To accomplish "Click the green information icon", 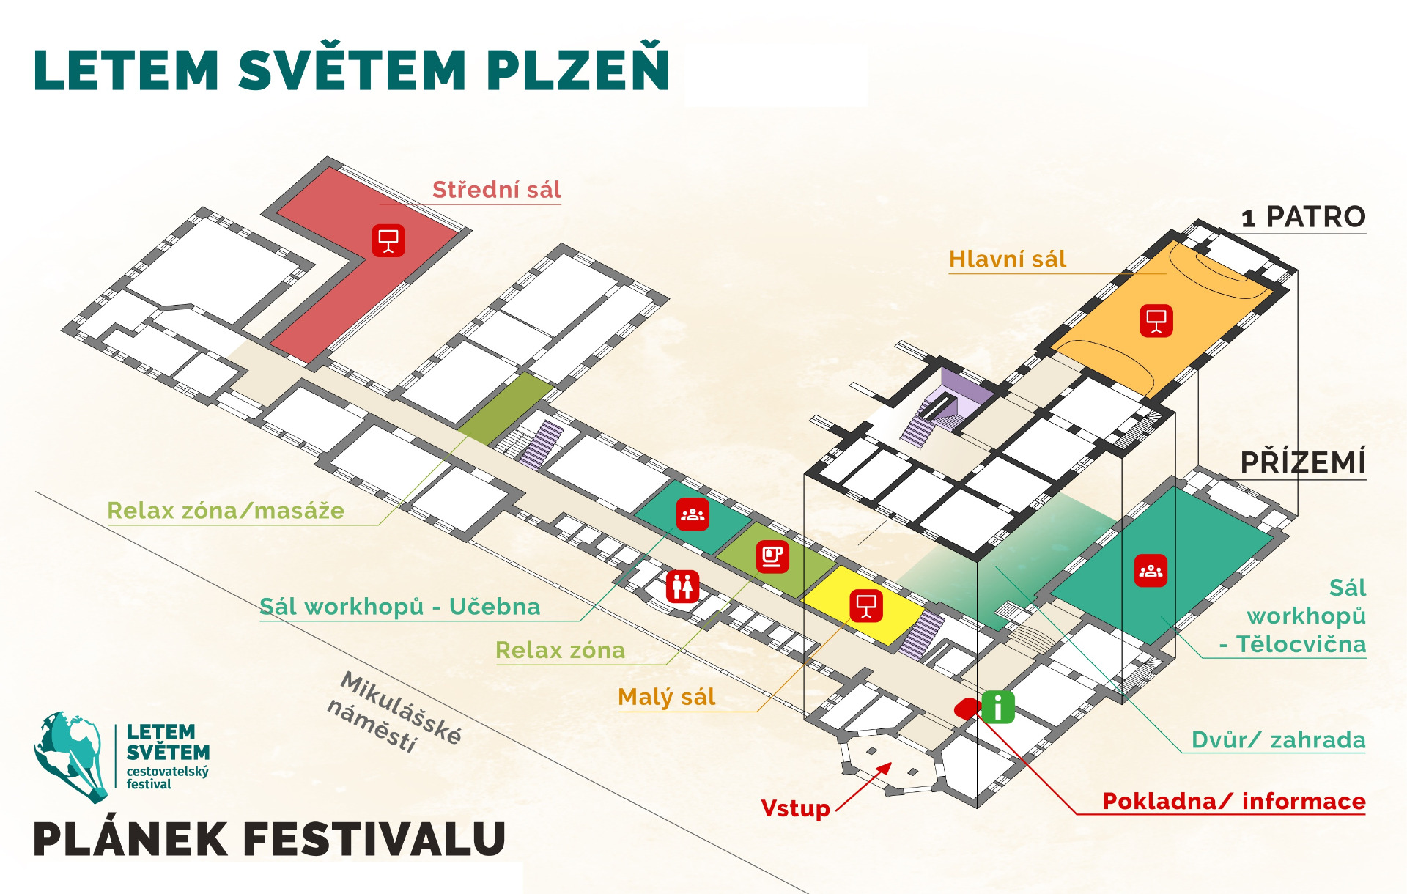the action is pos(998,707).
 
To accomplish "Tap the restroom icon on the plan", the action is pos(682,586).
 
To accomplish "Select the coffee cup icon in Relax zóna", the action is pos(772,557).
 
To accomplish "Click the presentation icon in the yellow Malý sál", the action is pos(866,606).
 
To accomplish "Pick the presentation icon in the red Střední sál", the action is pos(388,240).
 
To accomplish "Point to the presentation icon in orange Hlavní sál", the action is pos(1156,321).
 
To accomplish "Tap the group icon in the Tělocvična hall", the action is pos(1151,571).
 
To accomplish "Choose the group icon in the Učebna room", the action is pos(693,514).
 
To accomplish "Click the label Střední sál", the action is pos(497,190).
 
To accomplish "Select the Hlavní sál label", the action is pos(1008,259).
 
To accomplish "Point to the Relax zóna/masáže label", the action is pos(226,511).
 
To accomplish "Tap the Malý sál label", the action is pos(667,697).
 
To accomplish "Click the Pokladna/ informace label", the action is pos(1234,801).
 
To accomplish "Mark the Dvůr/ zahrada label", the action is pos(1279,740).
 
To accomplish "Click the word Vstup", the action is pos(796,808).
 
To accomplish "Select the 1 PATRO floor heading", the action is pos(1304,217).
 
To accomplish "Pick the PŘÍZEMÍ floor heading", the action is pos(1303,462).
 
